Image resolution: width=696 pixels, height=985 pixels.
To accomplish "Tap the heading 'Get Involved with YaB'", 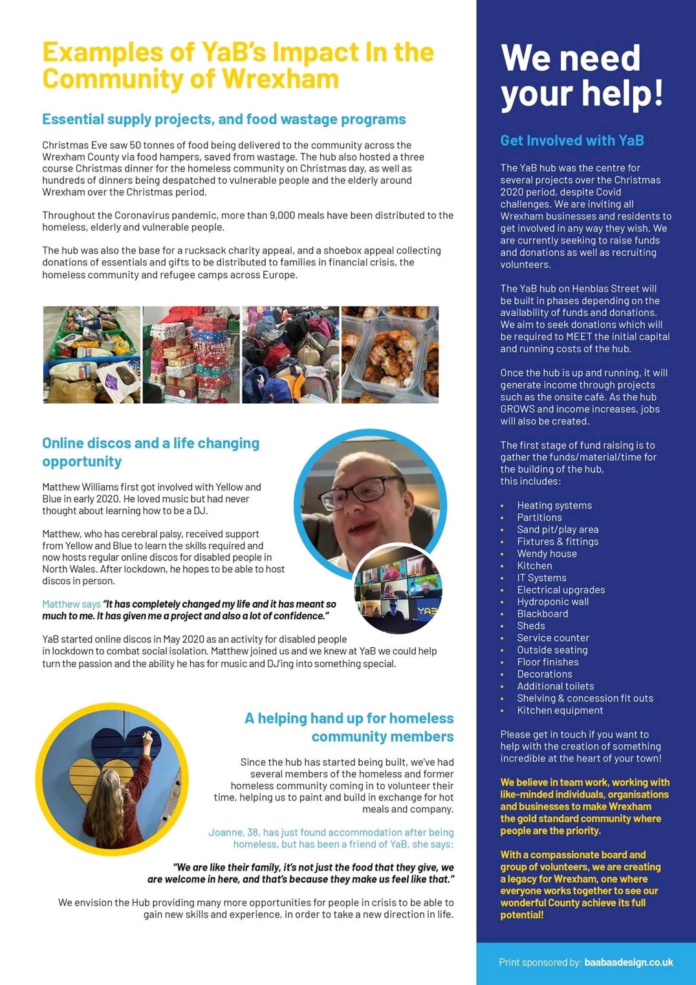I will click(572, 140).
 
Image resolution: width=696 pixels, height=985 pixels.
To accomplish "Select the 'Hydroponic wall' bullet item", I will click(552, 602).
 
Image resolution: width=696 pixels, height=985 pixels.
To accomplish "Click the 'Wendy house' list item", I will click(547, 554).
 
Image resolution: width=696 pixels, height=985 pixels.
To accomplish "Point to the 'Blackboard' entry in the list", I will click(542, 614).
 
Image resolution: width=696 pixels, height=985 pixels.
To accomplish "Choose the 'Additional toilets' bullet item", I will click(555, 686).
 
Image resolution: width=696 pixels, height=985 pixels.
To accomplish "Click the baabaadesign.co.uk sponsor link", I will click(628, 962).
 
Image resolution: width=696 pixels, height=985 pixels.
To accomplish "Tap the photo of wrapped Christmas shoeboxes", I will click(191, 355).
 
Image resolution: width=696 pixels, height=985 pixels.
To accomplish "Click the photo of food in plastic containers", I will click(389, 355).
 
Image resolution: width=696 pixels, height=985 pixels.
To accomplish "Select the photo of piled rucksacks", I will click(290, 355).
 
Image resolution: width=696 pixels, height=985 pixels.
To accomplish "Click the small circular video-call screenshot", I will click(398, 589).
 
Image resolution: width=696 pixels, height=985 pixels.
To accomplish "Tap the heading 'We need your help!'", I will click(582, 76).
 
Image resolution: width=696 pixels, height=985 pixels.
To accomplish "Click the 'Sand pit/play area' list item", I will click(558, 530).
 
